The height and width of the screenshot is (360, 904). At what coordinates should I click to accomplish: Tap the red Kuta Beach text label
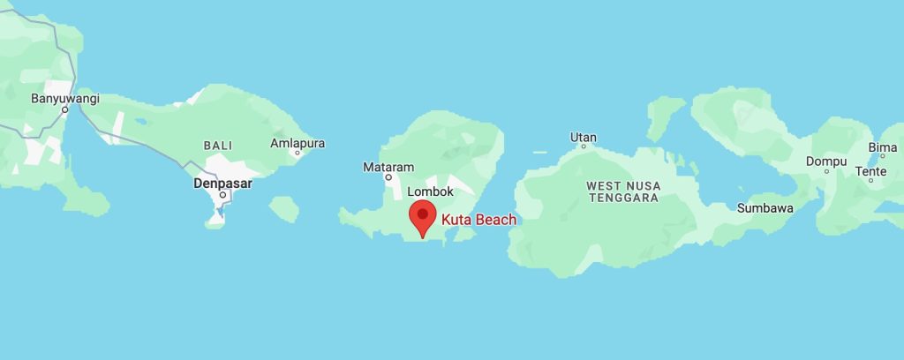[x=478, y=220]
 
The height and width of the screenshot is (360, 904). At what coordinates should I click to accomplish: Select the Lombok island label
[x=431, y=191]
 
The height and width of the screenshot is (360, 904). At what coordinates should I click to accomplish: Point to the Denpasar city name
[x=222, y=184]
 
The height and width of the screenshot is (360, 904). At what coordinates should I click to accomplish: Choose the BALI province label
[x=218, y=145]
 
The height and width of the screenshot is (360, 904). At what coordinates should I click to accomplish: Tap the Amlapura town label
[x=298, y=142]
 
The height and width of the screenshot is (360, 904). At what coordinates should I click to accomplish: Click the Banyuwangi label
[x=65, y=98]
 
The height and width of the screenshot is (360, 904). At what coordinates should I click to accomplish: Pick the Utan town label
[x=584, y=137]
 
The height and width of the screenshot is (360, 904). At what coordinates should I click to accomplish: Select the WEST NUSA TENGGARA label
[x=622, y=191]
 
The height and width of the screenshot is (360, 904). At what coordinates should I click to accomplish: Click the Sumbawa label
[x=765, y=208]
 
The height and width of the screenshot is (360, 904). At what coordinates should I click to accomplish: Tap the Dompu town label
[x=826, y=161]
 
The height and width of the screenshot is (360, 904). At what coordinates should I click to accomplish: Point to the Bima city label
[x=883, y=146]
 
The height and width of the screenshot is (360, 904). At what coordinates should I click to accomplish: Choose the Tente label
[x=870, y=170]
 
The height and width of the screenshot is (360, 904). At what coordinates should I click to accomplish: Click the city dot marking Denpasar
[x=222, y=195]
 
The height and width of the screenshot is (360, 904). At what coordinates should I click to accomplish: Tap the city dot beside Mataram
[x=388, y=176]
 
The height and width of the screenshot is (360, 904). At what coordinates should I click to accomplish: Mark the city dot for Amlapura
[x=298, y=153]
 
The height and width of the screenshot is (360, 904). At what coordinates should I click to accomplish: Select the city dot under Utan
[x=583, y=146]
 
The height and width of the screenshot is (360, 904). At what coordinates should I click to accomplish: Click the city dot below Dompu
[x=826, y=171]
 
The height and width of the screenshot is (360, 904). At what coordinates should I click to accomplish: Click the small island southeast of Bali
[x=283, y=209]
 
